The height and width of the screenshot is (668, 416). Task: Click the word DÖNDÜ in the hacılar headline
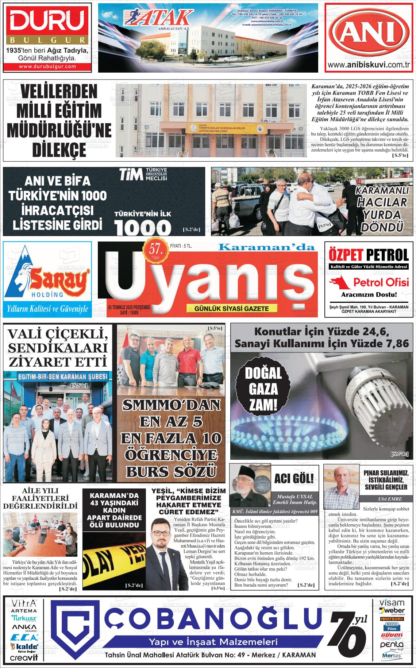click(x=381, y=227)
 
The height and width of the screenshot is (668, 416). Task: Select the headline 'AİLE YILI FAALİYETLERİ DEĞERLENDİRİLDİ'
click(x=40, y=498)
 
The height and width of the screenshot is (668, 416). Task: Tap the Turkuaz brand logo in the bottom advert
click(x=24, y=618)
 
